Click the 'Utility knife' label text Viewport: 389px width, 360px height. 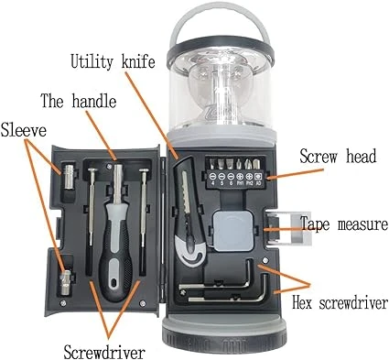coord(113,61)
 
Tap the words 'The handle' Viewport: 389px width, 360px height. coord(79,101)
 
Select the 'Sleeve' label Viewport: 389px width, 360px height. coord(23,130)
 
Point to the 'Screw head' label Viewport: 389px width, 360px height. coord(338,157)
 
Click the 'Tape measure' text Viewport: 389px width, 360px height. coord(344,224)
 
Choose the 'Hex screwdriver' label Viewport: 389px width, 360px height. coord(340,303)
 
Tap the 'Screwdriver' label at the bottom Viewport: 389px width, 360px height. coord(104,353)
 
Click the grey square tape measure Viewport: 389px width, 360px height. coord(233,231)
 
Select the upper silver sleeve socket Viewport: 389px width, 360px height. coord(70,177)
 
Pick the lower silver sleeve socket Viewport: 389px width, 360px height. coord(66,283)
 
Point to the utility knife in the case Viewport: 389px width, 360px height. coord(189,213)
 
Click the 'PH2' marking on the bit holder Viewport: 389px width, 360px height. coord(249,183)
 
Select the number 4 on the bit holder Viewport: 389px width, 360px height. coord(212,183)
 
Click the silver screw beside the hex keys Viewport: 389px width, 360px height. coord(265,260)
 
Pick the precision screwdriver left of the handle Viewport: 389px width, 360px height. coord(91,220)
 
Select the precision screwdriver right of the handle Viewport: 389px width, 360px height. coord(143,220)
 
